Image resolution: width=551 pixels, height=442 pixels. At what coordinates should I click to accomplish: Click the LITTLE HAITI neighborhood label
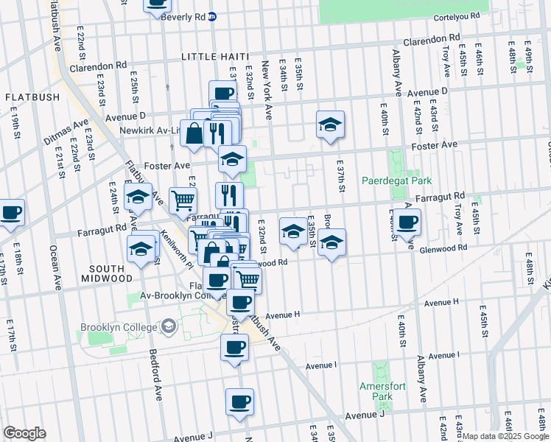point(214,56)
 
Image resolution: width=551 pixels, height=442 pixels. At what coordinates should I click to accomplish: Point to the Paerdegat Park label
point(396,180)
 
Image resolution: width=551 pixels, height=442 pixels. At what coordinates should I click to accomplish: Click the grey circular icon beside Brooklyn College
point(169,326)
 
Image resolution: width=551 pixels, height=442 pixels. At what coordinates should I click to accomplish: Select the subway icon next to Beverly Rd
point(212,16)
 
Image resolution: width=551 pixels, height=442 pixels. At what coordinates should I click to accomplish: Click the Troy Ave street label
point(446,60)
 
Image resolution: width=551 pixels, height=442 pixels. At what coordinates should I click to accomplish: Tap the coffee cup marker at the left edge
point(11,213)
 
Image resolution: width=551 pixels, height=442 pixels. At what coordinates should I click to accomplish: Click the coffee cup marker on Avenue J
point(239,402)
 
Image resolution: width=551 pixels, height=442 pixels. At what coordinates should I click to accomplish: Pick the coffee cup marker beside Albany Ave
point(406,222)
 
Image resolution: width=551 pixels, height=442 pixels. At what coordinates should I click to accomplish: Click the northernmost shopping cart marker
point(183,198)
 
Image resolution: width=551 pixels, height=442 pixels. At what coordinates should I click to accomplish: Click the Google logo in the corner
point(24,433)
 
